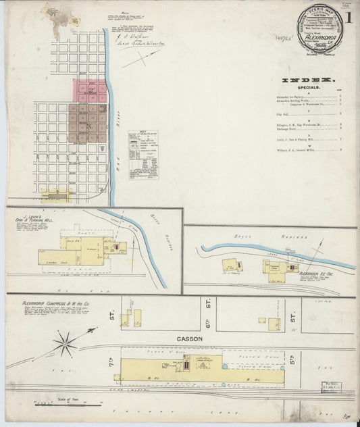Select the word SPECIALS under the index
click(x=309, y=87)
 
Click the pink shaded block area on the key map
click(x=91, y=91)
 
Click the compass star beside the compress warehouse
click(x=66, y=343)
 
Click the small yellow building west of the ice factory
click(x=230, y=265)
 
